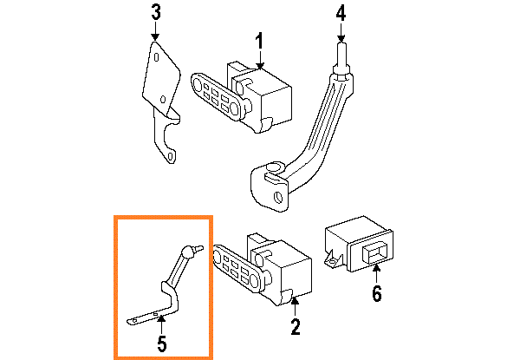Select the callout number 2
pyautogui.click(x=295, y=327)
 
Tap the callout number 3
pyautogui.click(x=155, y=12)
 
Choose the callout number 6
pyautogui.click(x=376, y=294)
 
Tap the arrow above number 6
pyautogui.click(x=376, y=272)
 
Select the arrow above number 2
pyautogui.click(x=295, y=304)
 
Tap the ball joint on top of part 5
pyautogui.click(x=188, y=251)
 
